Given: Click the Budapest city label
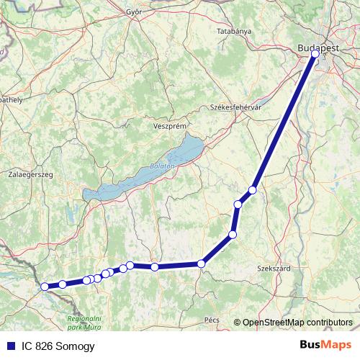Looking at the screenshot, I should pos(318,48).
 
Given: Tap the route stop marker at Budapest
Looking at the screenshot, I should pos(315,53).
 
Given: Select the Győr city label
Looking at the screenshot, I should pos(133,12).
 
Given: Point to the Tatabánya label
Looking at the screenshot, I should pos(234,32).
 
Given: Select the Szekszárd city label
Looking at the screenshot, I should pos(274,268).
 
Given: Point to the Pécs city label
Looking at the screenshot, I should pos(212,318).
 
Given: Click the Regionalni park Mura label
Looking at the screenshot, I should pos(85,322).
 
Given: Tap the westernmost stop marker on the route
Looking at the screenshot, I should pos(45,286).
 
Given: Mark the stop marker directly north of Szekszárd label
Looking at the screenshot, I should pos(233,234).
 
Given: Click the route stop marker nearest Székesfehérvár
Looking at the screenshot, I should pos(253,190).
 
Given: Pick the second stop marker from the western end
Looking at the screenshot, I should pos(63,284).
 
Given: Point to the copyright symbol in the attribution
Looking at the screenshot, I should pos(238,322).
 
